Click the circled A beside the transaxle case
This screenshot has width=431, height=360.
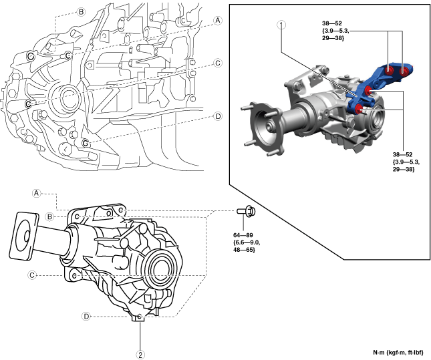[218, 21]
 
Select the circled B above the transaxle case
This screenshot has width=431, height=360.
[81, 12]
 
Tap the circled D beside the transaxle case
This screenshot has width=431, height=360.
[218, 116]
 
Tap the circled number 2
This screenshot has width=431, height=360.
[140, 355]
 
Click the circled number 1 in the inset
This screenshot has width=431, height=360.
[281, 25]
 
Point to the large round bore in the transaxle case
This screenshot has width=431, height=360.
[64, 93]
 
